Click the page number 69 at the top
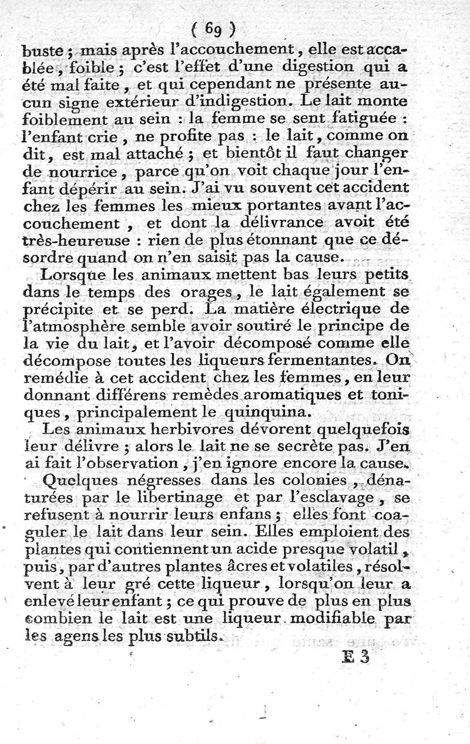[213, 28]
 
